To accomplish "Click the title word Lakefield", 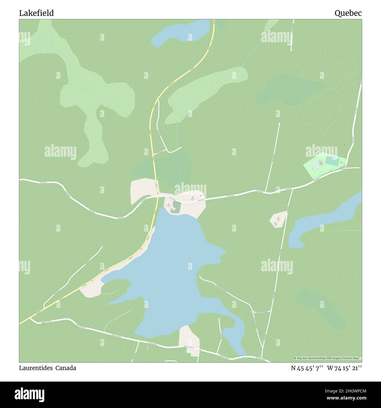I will pos(36,13).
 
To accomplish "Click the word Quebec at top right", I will pos(348,13).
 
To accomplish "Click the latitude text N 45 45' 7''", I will pos(307,368).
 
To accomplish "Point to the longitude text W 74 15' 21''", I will pos(345,368).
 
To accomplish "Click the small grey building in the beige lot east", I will pos(275,224).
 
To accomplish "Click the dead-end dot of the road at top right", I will pos(291,50).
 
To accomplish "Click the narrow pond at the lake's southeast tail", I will pos(234,338).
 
